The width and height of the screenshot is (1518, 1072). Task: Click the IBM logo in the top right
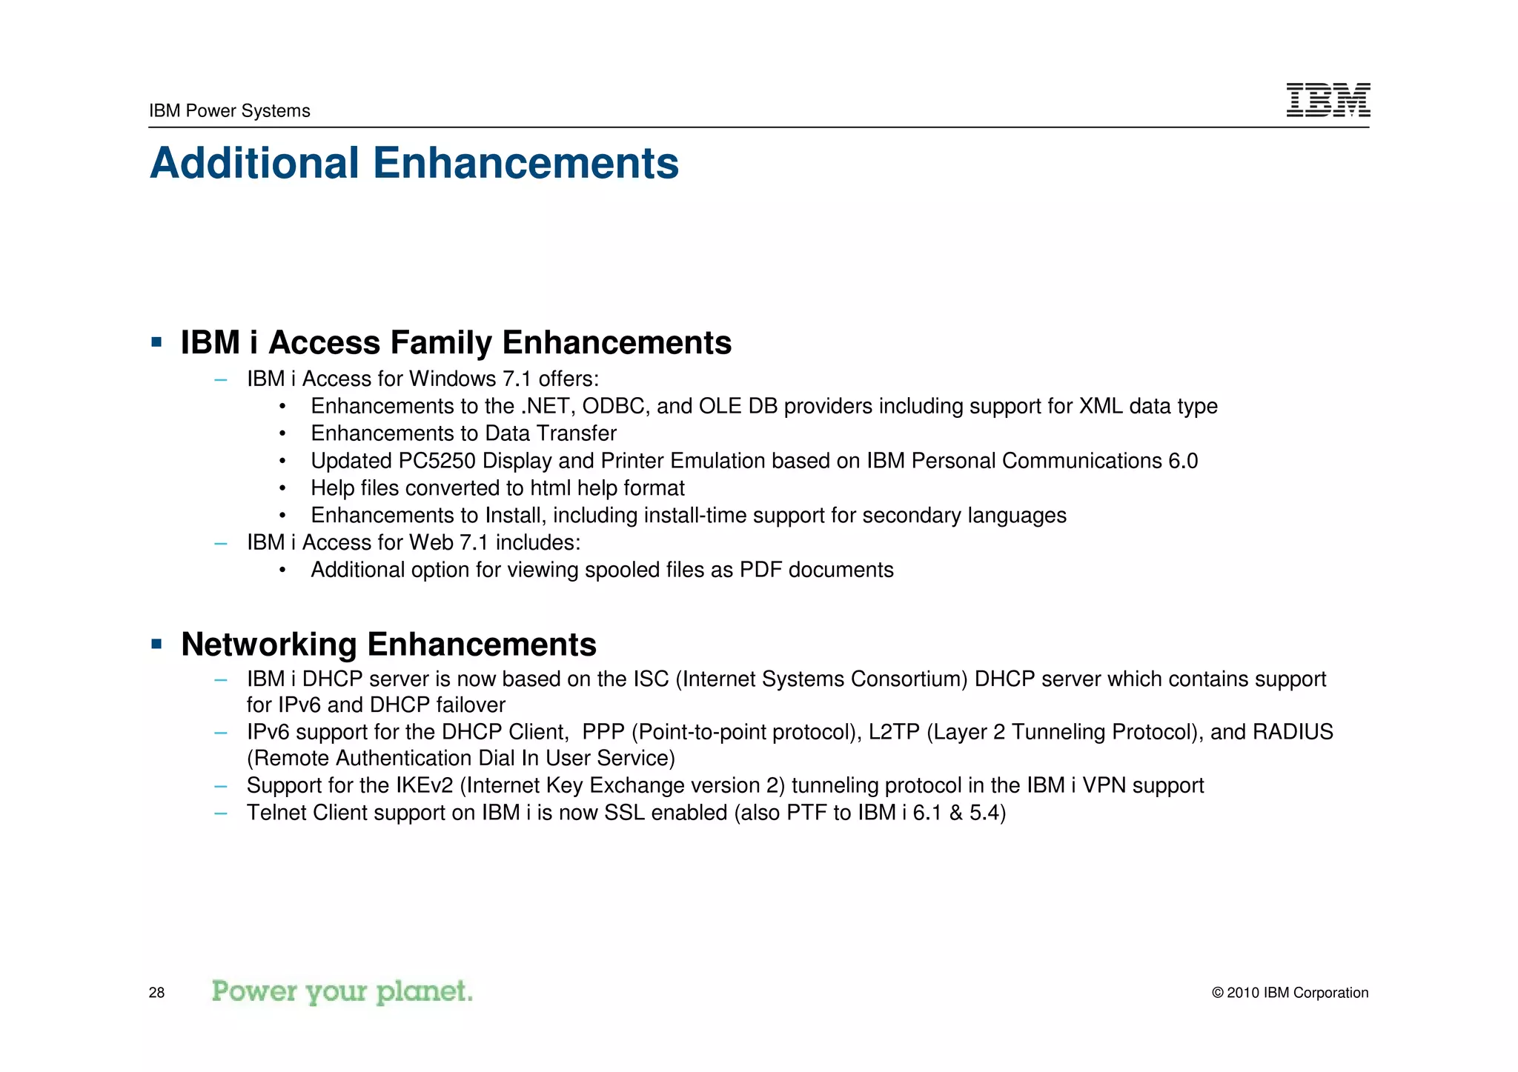(x=1328, y=100)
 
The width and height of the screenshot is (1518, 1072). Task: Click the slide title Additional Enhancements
(x=414, y=163)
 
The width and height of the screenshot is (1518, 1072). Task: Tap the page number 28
(x=156, y=993)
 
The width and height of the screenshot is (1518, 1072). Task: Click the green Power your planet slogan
(x=342, y=991)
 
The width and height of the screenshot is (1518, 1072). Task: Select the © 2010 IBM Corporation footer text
(x=1290, y=993)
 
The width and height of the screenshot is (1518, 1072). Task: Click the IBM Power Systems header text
(x=229, y=111)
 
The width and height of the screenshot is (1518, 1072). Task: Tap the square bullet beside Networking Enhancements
(x=156, y=644)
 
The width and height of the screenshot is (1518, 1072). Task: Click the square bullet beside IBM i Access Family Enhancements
(x=156, y=342)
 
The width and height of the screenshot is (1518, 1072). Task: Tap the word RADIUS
(x=1293, y=732)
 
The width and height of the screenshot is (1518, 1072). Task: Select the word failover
(x=471, y=705)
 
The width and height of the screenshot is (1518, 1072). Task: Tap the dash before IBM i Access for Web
(x=220, y=543)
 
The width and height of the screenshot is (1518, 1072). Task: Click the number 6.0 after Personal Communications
(x=1183, y=461)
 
